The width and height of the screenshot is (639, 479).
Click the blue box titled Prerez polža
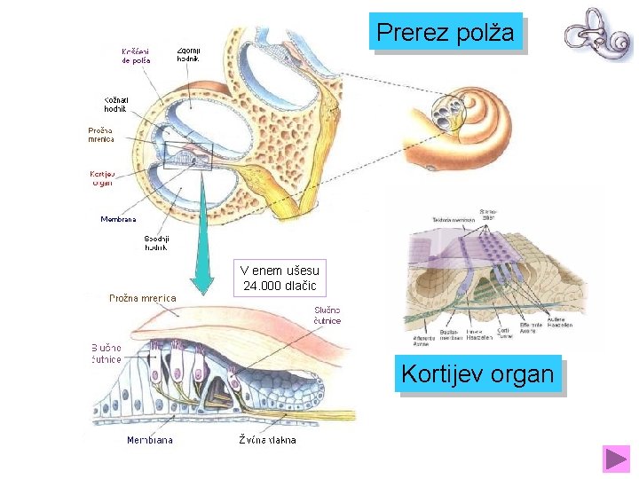[446, 33]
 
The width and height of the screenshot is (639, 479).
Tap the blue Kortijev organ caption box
[478, 374]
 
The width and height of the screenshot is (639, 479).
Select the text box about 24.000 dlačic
[280, 278]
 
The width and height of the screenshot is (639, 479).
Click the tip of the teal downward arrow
[203, 291]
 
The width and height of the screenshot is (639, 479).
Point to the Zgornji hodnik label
[188, 55]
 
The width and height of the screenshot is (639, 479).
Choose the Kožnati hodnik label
[115, 104]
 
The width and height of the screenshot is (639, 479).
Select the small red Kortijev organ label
[103, 178]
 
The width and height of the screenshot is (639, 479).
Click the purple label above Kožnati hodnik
[136, 55]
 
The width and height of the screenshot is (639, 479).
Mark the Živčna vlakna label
[267, 439]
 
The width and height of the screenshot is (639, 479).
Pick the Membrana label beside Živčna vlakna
[150, 439]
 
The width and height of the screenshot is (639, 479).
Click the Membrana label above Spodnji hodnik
[118, 218]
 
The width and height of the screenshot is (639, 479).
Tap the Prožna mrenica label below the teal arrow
[142, 298]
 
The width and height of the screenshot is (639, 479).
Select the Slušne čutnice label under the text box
[327, 315]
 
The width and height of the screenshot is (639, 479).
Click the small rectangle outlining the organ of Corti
[188, 155]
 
